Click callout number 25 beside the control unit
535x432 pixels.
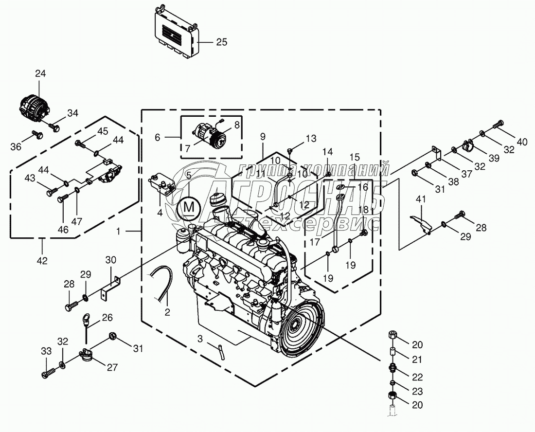pyautogui.click(x=221, y=42)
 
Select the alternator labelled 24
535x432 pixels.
pyautogui.click(x=34, y=106)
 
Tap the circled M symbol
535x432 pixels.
pyautogui.click(x=188, y=208)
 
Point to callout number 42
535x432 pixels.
pyautogui.click(x=42, y=260)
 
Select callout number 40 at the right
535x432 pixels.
pyautogui.click(x=522, y=142)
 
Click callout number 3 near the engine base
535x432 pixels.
pyautogui.click(x=200, y=339)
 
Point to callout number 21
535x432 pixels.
pyautogui.click(x=417, y=360)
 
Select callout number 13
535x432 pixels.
pyautogui.click(x=311, y=139)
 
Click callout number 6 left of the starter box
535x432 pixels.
pyautogui.click(x=158, y=138)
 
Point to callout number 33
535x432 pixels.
pyautogui.click(x=46, y=351)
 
